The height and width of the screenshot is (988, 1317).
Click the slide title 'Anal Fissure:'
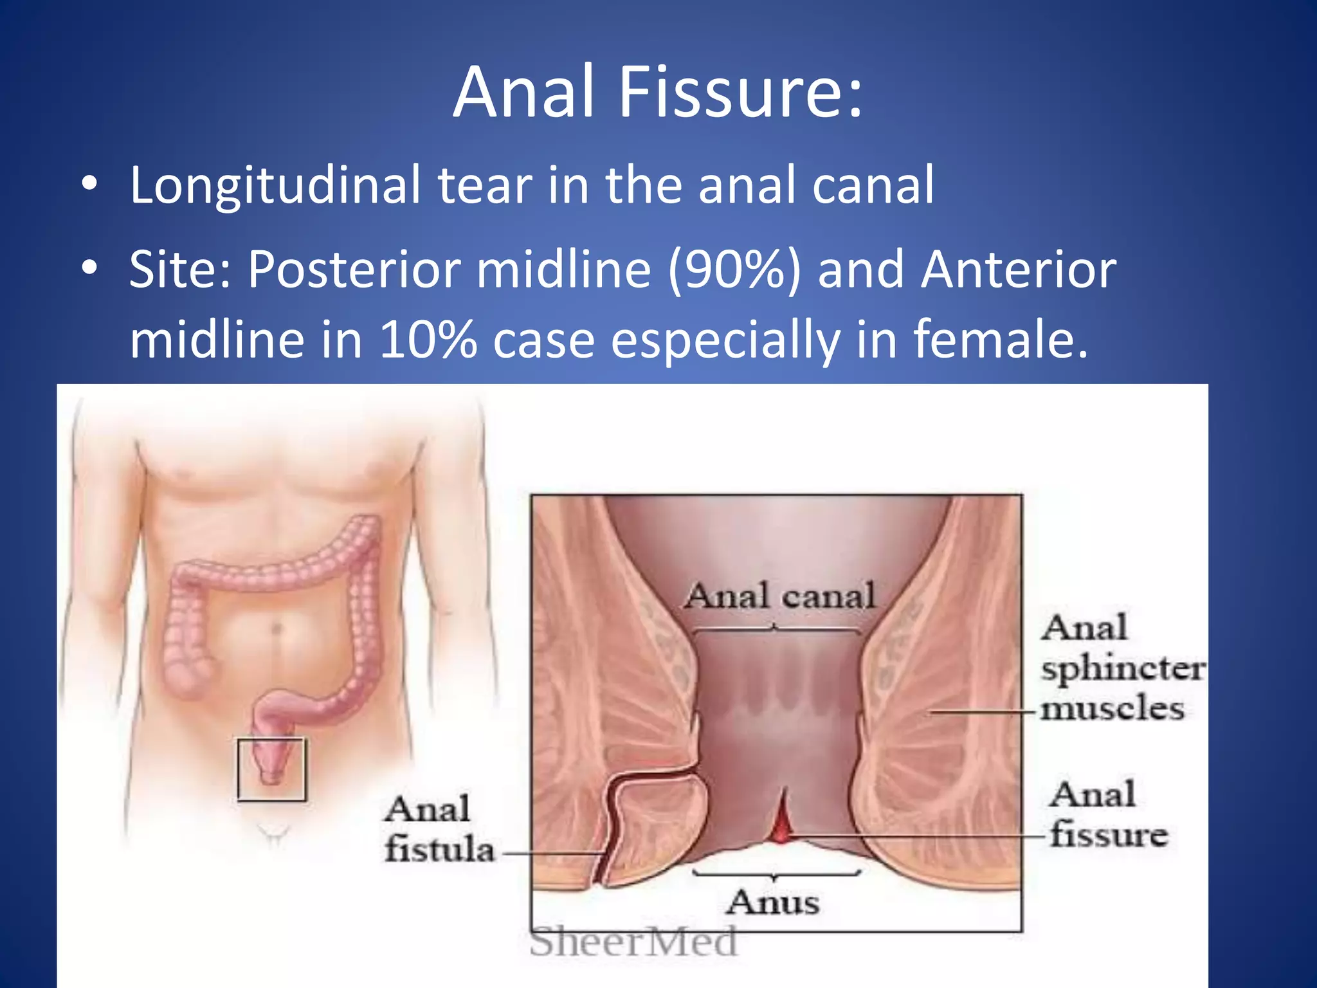[657, 93]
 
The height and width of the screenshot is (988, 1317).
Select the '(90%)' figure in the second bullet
[734, 270]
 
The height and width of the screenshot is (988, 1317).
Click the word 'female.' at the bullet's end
[1001, 339]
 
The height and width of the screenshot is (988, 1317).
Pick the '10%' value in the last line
[428, 339]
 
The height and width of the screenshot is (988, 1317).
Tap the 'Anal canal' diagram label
[779, 596]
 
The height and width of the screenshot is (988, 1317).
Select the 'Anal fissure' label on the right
[1107, 815]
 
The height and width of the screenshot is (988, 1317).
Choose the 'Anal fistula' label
[439, 829]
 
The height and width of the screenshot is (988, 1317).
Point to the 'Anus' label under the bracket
[774, 902]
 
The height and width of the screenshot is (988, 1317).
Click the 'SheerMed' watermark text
[633, 942]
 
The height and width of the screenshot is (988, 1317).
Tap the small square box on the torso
[271, 769]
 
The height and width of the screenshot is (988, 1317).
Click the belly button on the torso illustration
[277, 628]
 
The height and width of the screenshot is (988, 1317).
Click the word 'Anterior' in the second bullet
[1019, 270]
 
